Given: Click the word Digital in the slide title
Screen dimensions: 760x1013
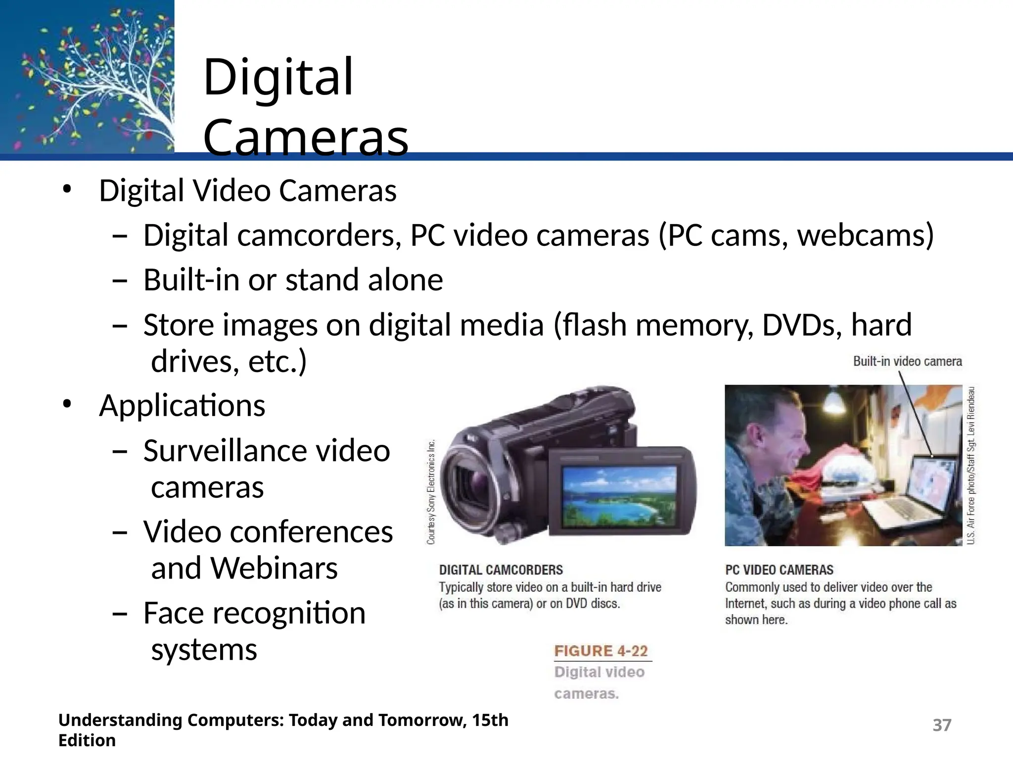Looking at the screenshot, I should click(278, 78).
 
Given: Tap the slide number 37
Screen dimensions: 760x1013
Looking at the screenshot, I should click(942, 725).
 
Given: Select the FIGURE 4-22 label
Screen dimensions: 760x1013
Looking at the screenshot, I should click(601, 651).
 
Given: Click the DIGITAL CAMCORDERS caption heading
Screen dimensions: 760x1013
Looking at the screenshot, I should click(501, 570).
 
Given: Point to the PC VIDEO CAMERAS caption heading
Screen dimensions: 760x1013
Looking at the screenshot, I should click(779, 570).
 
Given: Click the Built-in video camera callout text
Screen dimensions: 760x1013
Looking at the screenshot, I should click(907, 362).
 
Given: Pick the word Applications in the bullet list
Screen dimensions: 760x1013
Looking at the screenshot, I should click(182, 406).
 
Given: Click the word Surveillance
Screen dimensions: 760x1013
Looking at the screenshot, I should click(225, 451).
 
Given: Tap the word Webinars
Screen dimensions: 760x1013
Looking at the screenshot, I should click(274, 568).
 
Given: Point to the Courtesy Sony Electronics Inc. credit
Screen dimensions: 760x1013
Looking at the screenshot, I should click(431, 492).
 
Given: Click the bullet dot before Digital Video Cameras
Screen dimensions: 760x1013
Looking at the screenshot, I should click(67, 190).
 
